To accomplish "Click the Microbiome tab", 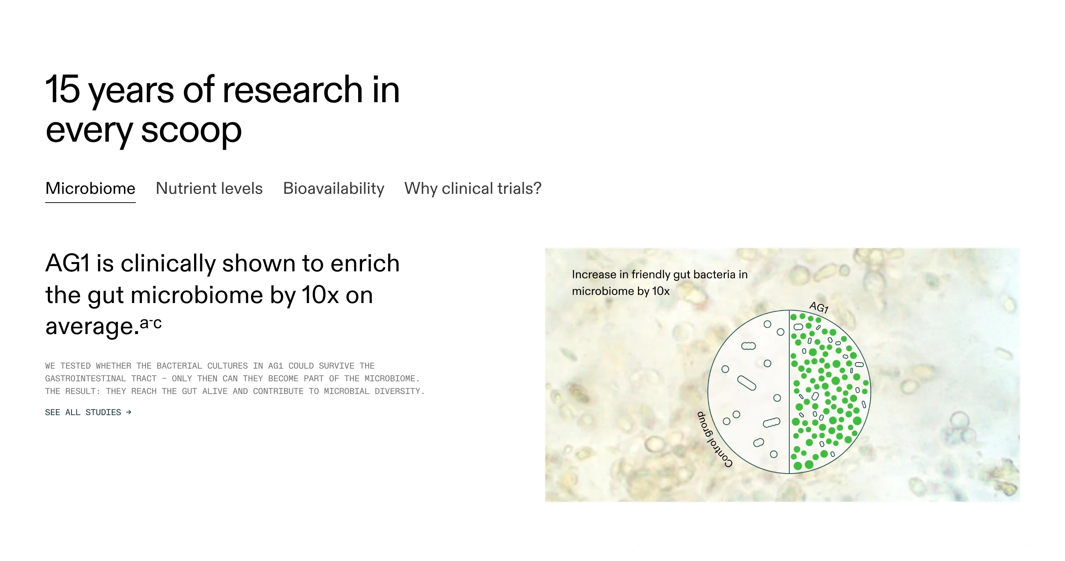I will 90,189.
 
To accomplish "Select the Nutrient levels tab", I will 209,189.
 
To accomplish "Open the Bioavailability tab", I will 333,189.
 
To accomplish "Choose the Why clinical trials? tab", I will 473,189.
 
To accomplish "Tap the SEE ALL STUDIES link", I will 83,412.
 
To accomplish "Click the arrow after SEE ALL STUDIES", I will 129,412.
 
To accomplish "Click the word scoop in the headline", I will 191,130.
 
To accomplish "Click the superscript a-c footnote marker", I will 151,323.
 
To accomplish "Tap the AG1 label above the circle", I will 818,307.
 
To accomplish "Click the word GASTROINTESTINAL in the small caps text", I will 85,378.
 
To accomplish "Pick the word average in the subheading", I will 89,327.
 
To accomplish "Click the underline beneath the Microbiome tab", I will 90,203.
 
